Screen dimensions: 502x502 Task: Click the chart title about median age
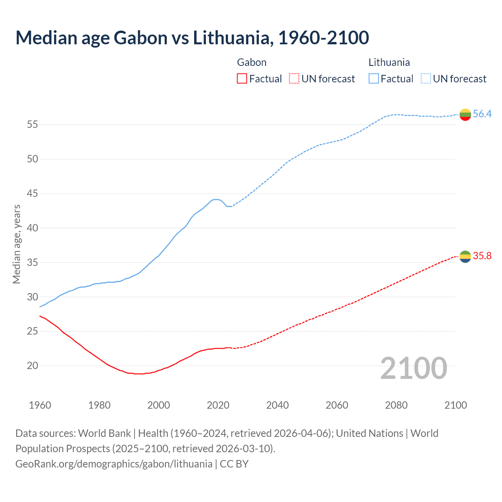tap(192, 38)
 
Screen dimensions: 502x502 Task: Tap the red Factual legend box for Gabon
tap(242, 79)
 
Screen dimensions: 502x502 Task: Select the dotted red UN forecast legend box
tap(294, 79)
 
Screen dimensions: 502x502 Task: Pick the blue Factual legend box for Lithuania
tap(374, 79)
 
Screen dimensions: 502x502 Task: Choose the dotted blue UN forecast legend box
tap(426, 79)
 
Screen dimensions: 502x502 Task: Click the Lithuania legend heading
tap(389, 62)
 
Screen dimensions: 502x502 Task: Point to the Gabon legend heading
tap(252, 62)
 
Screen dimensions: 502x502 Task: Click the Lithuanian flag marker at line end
tap(465, 115)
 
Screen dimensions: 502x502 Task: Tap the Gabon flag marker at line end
tap(465, 256)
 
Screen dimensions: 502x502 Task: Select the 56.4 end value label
tap(482, 114)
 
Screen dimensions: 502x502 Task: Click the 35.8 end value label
tap(482, 256)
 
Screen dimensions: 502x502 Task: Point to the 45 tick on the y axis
tap(33, 193)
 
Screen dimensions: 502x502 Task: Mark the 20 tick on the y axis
tap(33, 366)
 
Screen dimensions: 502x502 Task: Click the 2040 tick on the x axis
tap(277, 405)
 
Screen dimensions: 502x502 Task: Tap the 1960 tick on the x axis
tap(40, 405)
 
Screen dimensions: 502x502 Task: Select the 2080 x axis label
tap(396, 405)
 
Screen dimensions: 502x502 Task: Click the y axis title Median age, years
tap(16, 244)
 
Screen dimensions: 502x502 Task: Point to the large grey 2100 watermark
tap(413, 368)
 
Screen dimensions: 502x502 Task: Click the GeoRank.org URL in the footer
tap(114, 464)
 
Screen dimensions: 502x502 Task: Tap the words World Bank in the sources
tap(104, 433)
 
